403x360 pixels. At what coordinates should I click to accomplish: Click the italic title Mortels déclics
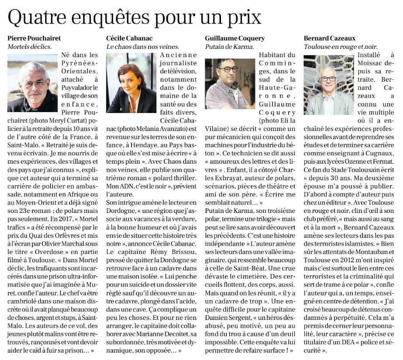click(x=29, y=46)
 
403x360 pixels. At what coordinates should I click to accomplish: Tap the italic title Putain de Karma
click(x=229, y=46)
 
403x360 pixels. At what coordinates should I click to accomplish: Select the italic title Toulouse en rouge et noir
click(x=341, y=46)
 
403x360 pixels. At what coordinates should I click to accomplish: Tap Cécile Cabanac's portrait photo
click(x=131, y=83)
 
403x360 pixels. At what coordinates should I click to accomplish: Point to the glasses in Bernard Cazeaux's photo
click(x=328, y=79)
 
